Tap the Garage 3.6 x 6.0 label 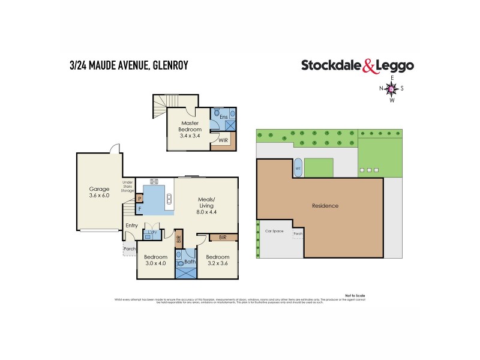99,192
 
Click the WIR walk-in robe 223,140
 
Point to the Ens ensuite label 223,116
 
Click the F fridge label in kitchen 139,209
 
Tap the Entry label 131,226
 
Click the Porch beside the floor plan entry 129,248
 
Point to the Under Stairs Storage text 127,186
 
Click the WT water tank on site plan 298,169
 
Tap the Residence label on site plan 325,206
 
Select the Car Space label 274,230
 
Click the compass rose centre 392,89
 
